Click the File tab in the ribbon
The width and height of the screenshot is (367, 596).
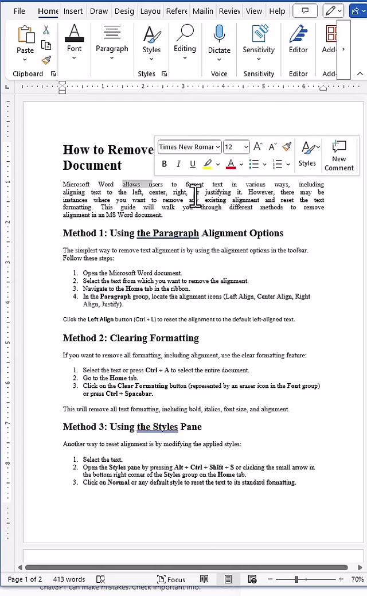coord(19,11)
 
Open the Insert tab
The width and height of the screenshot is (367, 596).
coord(73,11)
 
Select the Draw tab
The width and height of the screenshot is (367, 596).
coord(99,11)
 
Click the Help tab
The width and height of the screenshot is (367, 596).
coord(277,11)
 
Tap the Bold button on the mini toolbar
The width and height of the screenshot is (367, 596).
coord(165,164)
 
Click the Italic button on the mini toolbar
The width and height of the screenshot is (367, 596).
coord(178,164)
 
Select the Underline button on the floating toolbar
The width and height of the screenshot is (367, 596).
coord(193,164)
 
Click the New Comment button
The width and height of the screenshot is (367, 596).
coord(339,155)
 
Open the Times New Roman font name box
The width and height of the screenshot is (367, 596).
coord(189,147)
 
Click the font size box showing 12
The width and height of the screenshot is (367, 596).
coord(236,147)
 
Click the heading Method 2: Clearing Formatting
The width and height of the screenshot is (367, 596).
coord(131,338)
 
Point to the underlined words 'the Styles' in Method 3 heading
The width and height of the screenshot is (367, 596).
coord(157,427)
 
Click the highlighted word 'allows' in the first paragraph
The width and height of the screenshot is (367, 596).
coord(131,185)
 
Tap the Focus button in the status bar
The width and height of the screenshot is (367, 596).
coord(171,579)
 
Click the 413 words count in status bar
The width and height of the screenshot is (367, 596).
coord(69,579)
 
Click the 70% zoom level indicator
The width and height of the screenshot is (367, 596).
coord(357,579)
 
